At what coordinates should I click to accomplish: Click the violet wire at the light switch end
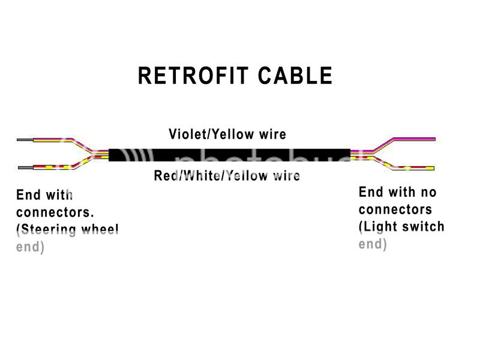pos(414,139)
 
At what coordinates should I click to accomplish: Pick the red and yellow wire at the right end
pos(414,167)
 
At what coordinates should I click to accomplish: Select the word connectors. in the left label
pos(55,212)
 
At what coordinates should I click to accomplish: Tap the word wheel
pos(103,230)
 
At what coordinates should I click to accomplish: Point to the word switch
pos(425,227)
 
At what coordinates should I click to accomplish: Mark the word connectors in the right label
pos(395,210)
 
